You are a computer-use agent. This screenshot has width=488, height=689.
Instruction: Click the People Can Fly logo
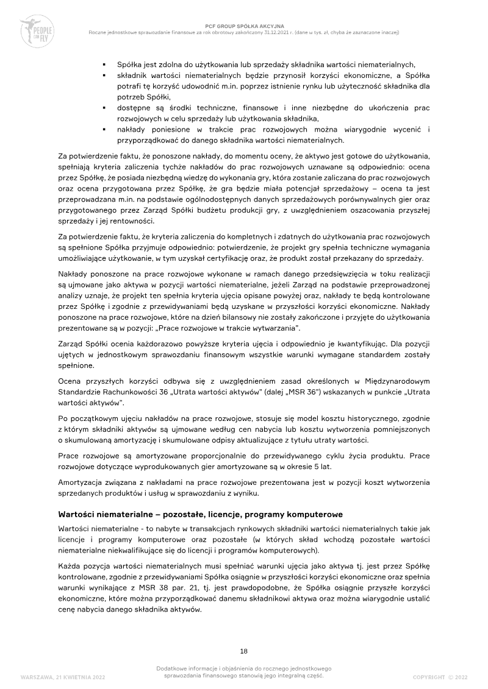tap(38, 29)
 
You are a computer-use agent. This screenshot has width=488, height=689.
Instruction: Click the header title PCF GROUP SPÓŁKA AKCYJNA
tap(244, 26)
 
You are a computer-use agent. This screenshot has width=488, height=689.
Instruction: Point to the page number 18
tap(243, 651)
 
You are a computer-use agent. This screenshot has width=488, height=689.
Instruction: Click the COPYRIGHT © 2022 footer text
tap(440, 677)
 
